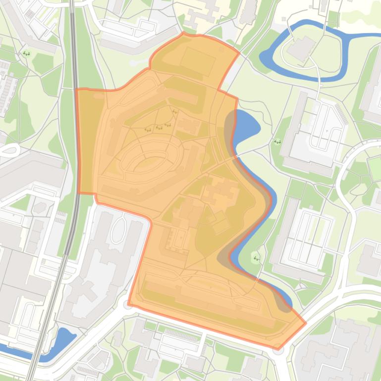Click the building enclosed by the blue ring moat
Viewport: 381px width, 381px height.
301,48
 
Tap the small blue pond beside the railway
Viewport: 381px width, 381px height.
63,338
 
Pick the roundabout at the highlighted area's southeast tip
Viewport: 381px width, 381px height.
277,350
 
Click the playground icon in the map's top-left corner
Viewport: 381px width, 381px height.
26,53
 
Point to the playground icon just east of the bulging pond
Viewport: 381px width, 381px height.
277,142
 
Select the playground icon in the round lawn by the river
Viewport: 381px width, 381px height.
256,258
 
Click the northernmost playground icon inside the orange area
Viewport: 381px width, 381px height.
175,112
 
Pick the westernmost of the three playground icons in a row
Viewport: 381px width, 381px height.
148,129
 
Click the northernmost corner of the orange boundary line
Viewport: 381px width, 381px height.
184,33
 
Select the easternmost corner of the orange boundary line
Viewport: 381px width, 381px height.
306,324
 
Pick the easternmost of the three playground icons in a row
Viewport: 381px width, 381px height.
167,125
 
